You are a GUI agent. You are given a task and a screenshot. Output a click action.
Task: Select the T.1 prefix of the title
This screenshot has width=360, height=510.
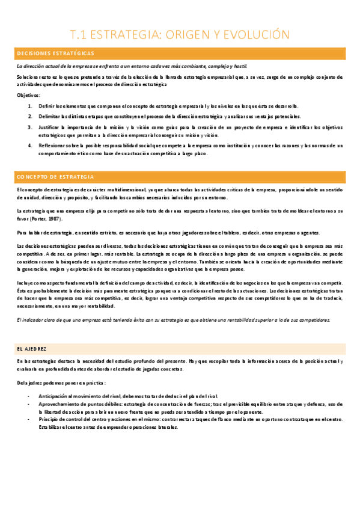pos(79,34)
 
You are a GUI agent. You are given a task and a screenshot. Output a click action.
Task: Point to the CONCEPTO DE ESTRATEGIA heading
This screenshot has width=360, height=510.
pos(55,177)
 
